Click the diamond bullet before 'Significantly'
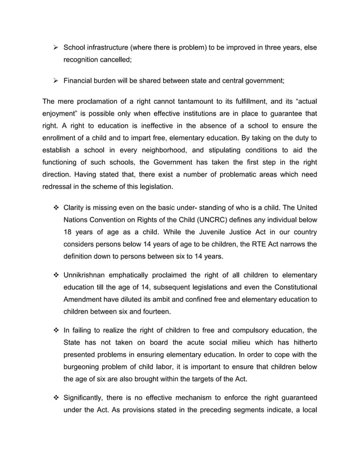coord(55,411)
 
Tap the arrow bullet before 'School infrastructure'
coord(55,47)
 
